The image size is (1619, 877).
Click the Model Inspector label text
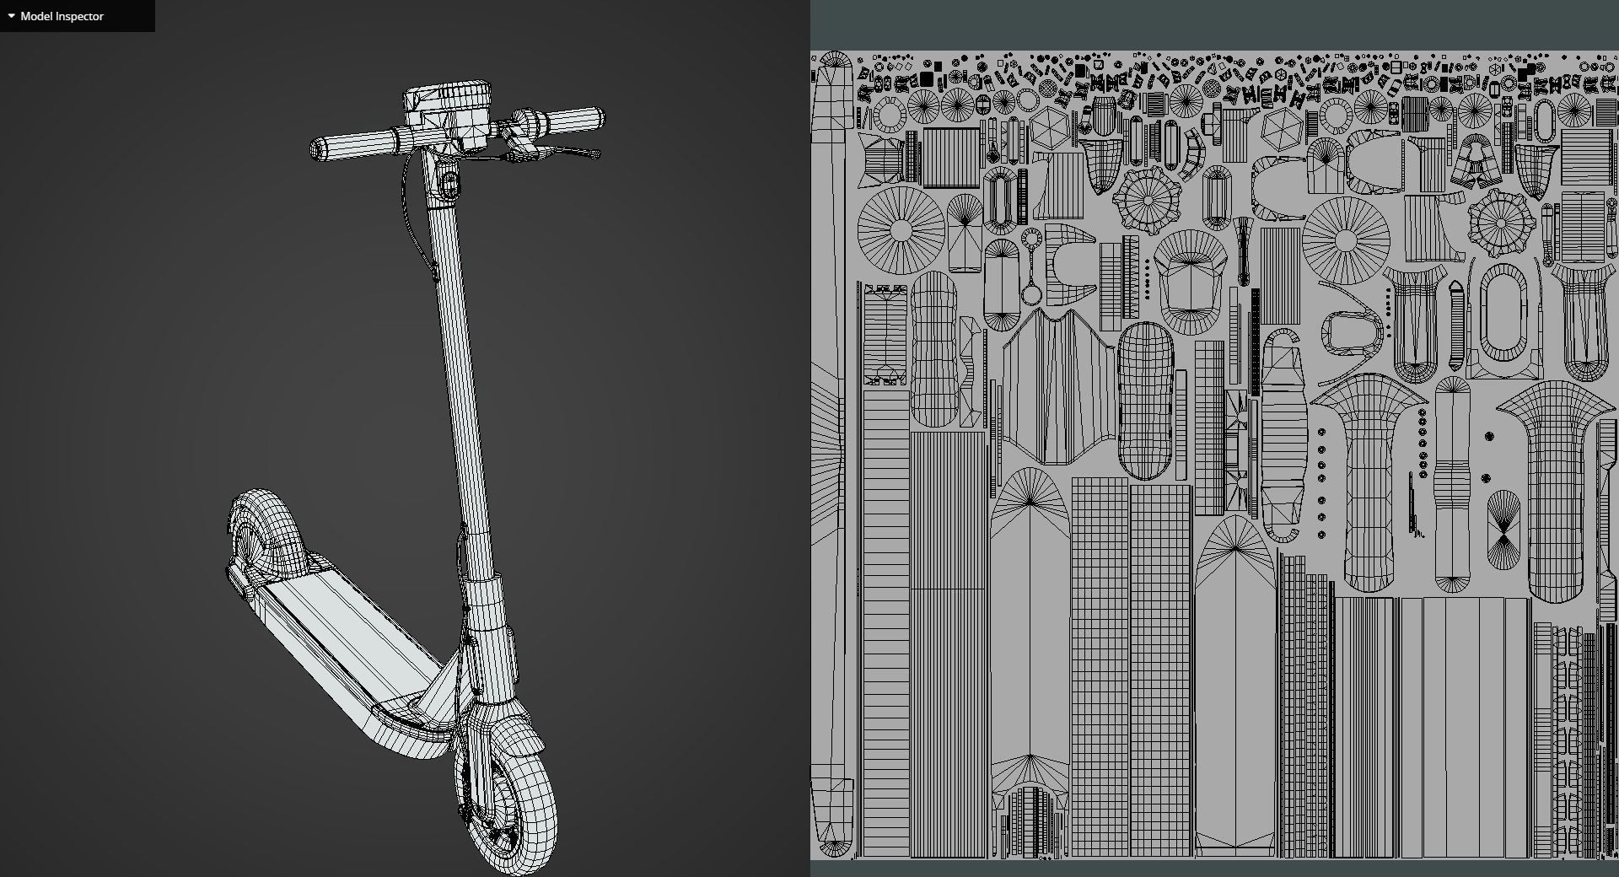(x=62, y=16)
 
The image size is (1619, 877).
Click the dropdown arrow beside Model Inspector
(x=11, y=16)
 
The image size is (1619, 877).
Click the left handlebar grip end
(x=319, y=150)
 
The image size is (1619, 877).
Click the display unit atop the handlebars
(x=447, y=105)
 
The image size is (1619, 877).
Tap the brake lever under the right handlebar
(x=565, y=153)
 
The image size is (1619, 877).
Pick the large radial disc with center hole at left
(x=901, y=229)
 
